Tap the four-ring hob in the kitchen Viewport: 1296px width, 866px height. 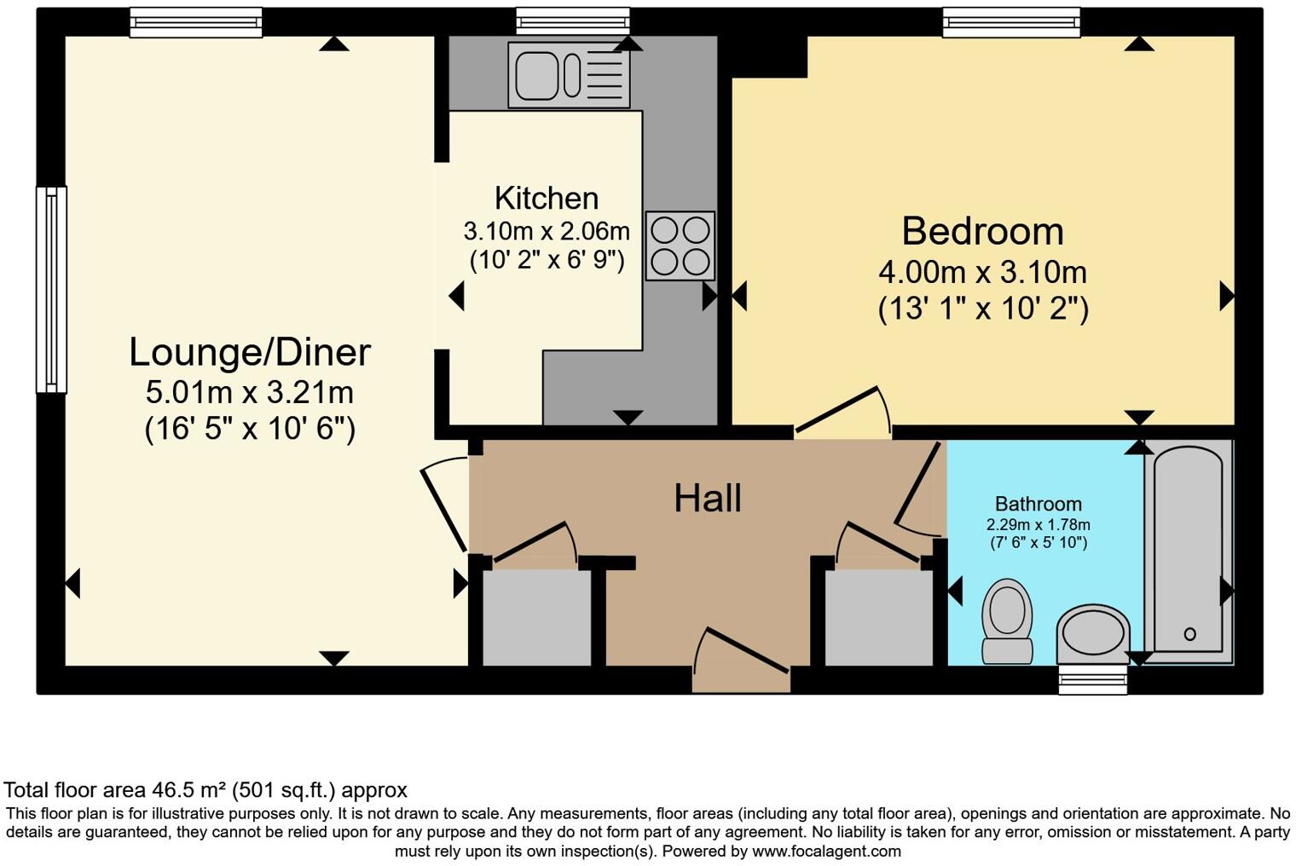pos(680,245)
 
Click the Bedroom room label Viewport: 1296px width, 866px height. pos(982,232)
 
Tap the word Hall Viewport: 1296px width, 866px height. pos(707,498)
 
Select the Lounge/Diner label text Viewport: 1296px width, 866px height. pos(250,352)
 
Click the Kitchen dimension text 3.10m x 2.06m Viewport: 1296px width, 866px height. pos(547,231)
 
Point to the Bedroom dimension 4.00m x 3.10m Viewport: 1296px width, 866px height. pos(982,273)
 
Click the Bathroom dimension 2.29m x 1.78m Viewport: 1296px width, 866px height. pos(1038,525)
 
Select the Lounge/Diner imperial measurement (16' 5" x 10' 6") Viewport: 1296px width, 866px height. pos(250,428)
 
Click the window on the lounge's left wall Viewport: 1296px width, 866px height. pos(51,290)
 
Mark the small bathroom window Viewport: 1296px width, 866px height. pos(1092,679)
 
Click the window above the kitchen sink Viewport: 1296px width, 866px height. pos(573,21)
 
